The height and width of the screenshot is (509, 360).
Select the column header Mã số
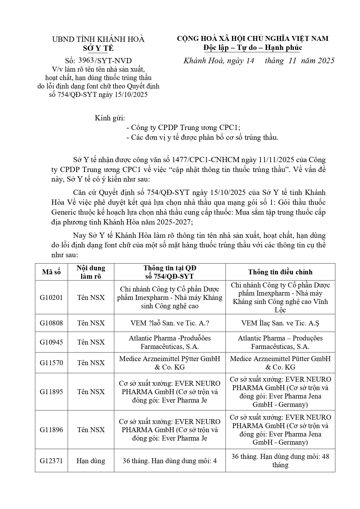click(x=51, y=272)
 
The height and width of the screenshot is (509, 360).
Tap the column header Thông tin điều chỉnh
click(x=280, y=272)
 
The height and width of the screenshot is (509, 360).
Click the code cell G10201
click(x=51, y=298)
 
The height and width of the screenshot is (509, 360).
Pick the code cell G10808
click(x=51, y=323)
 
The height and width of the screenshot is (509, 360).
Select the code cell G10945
click(x=51, y=342)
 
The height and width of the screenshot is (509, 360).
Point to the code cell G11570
click(x=51, y=363)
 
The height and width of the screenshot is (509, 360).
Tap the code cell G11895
click(x=51, y=392)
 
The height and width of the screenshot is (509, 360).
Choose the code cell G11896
click(x=51, y=430)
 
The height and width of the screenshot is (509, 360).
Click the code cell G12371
click(x=51, y=461)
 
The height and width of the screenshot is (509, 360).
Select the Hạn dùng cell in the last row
click(x=91, y=461)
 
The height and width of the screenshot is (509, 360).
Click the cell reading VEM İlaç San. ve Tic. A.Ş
click(x=280, y=323)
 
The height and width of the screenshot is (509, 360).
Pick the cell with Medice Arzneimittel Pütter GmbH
click(x=280, y=363)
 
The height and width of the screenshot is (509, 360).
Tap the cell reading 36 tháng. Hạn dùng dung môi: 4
click(x=170, y=461)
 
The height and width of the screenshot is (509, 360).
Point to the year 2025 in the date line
click(x=326, y=60)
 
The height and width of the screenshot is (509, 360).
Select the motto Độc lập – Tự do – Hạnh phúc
click(x=252, y=48)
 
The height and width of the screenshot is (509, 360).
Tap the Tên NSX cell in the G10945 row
click(x=91, y=342)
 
